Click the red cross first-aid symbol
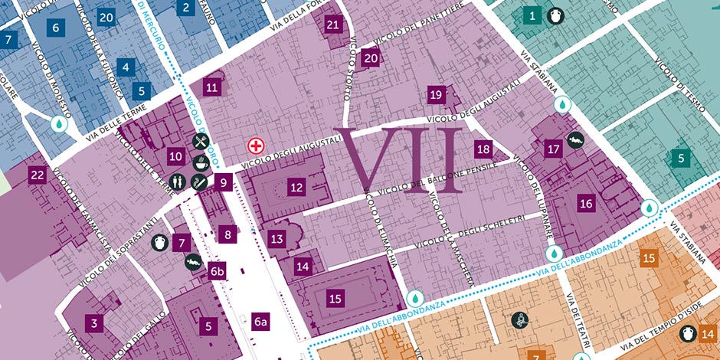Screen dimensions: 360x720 [255, 145]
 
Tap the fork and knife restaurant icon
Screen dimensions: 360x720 [201, 141]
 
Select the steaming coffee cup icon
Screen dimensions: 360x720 [201, 162]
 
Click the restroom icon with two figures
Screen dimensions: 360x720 [177, 182]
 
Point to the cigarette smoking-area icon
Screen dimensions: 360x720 [198, 182]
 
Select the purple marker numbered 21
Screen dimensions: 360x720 [332, 25]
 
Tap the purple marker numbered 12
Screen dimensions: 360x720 [297, 186]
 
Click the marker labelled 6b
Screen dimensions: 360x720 [218, 271]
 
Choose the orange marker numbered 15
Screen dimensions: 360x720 [649, 258]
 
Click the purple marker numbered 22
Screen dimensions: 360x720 [37, 175]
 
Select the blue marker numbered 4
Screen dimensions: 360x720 [126, 67]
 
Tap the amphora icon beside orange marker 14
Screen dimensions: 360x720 [686, 333]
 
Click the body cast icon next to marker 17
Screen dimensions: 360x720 [576, 140]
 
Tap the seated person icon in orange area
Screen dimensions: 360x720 [521, 321]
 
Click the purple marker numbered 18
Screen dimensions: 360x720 [483, 149]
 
